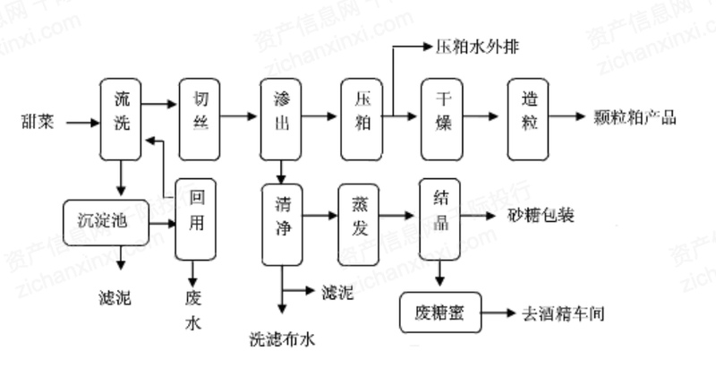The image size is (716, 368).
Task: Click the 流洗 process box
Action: pyautogui.click(x=121, y=117)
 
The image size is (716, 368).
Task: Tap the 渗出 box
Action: pyautogui.click(x=280, y=117)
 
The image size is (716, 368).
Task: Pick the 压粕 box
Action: pyautogui.click(x=362, y=117)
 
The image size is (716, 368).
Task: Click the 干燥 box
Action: pyautogui.click(x=441, y=117)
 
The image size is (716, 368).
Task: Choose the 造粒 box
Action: pyautogui.click(x=528, y=117)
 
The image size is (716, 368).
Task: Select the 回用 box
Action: pyautogui.click(x=196, y=219)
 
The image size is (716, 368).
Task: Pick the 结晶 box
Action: pyautogui.click(x=439, y=217)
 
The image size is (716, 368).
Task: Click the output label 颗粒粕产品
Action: pyautogui.click(x=635, y=117)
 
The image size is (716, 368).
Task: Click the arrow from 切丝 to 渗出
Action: pyautogui.click(x=237, y=117)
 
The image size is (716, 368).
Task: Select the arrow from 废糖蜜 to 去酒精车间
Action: pyautogui.click(x=499, y=314)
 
